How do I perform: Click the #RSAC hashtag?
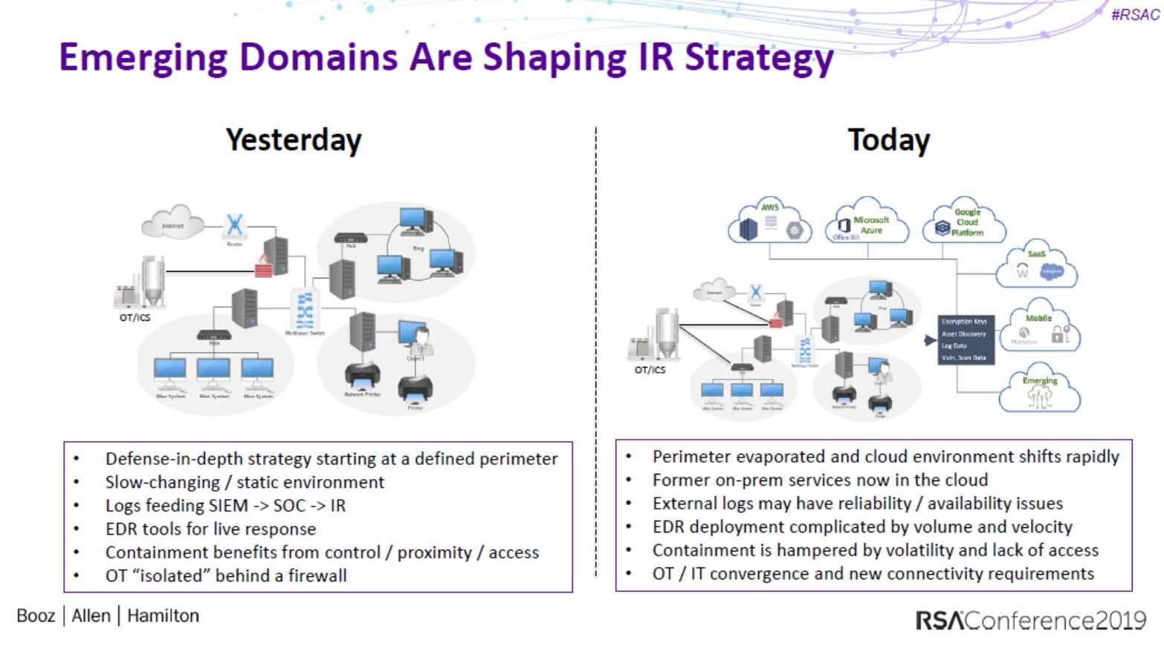coord(1134,15)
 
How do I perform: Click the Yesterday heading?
coord(294,140)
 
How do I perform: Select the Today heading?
coord(888,140)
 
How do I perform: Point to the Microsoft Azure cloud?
coord(867,223)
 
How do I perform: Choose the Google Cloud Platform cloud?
coord(964,222)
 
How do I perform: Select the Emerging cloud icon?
coord(1039,390)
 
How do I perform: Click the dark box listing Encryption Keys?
coord(965,339)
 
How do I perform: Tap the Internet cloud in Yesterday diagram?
coord(173,224)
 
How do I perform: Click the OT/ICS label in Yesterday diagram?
coord(135,318)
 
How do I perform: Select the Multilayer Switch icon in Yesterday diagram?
coord(305,310)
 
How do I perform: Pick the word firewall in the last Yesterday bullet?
coord(317,575)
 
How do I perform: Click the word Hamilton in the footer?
coord(163,616)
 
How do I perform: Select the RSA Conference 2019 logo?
coord(1030,620)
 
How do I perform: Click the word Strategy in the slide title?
coord(759,58)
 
